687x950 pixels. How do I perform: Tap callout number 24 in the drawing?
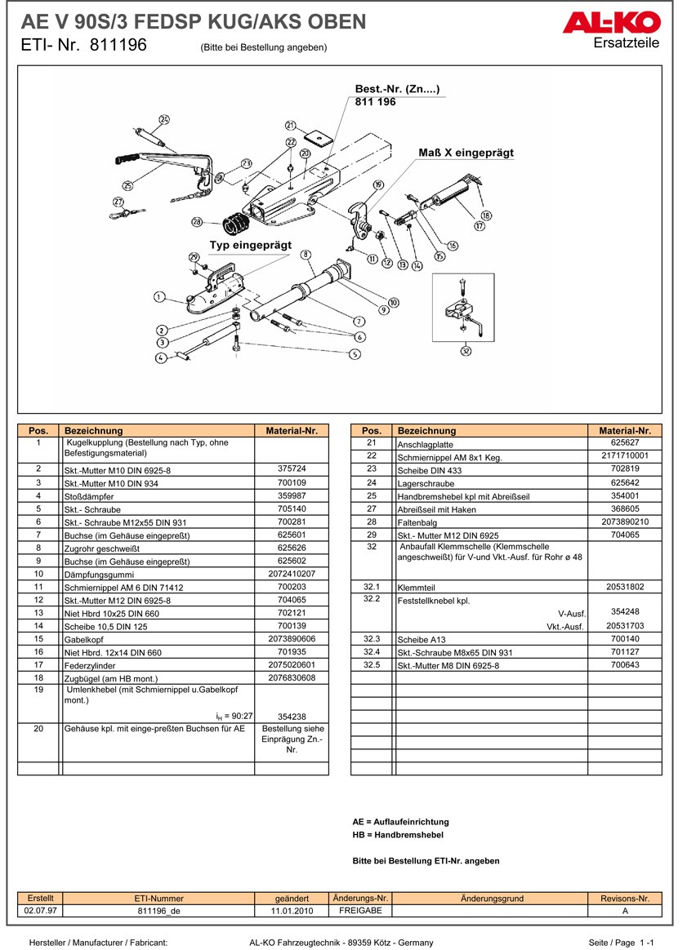pyautogui.click(x=163, y=120)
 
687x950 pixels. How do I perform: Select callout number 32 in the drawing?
pyautogui.click(x=466, y=352)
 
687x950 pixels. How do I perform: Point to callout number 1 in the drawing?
pyautogui.click(x=158, y=297)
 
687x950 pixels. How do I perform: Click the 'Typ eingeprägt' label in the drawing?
pyautogui.click(x=250, y=245)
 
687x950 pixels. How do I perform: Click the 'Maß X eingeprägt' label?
pyautogui.click(x=466, y=153)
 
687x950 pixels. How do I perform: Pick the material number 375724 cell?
pyautogui.click(x=291, y=469)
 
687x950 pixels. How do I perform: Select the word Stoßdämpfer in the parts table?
pyautogui.click(x=89, y=496)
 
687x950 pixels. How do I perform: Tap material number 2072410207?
pyautogui.click(x=291, y=574)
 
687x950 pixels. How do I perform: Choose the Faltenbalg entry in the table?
pyautogui.click(x=417, y=522)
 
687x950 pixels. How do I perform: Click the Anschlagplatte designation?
pyautogui.click(x=425, y=445)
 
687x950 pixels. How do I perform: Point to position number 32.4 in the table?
pyautogui.click(x=372, y=652)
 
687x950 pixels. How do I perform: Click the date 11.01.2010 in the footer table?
pyautogui.click(x=292, y=911)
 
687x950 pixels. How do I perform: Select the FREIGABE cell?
pyautogui.click(x=360, y=911)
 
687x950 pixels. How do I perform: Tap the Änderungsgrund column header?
pyautogui.click(x=492, y=899)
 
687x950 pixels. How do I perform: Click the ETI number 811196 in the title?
pyautogui.click(x=119, y=46)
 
